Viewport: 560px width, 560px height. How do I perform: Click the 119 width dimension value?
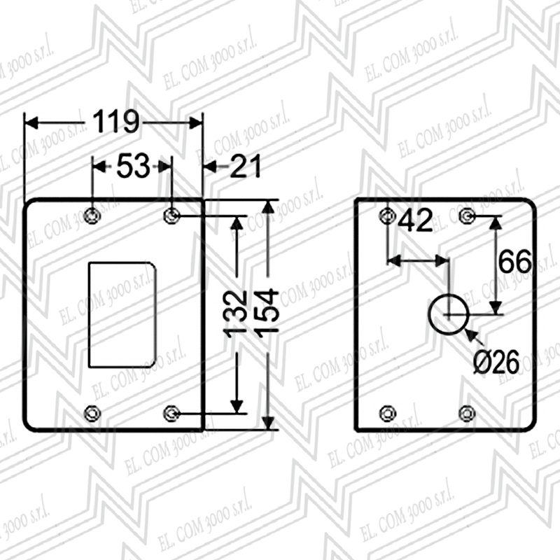(116, 122)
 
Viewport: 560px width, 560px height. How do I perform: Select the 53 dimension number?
(133, 166)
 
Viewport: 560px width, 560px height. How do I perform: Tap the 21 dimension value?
(246, 166)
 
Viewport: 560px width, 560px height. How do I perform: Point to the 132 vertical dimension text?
(235, 314)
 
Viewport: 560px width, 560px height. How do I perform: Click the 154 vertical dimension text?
(267, 314)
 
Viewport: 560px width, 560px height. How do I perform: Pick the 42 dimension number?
(415, 220)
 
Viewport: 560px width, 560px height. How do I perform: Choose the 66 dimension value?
(514, 262)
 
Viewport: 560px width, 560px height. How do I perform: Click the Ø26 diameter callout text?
(496, 362)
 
